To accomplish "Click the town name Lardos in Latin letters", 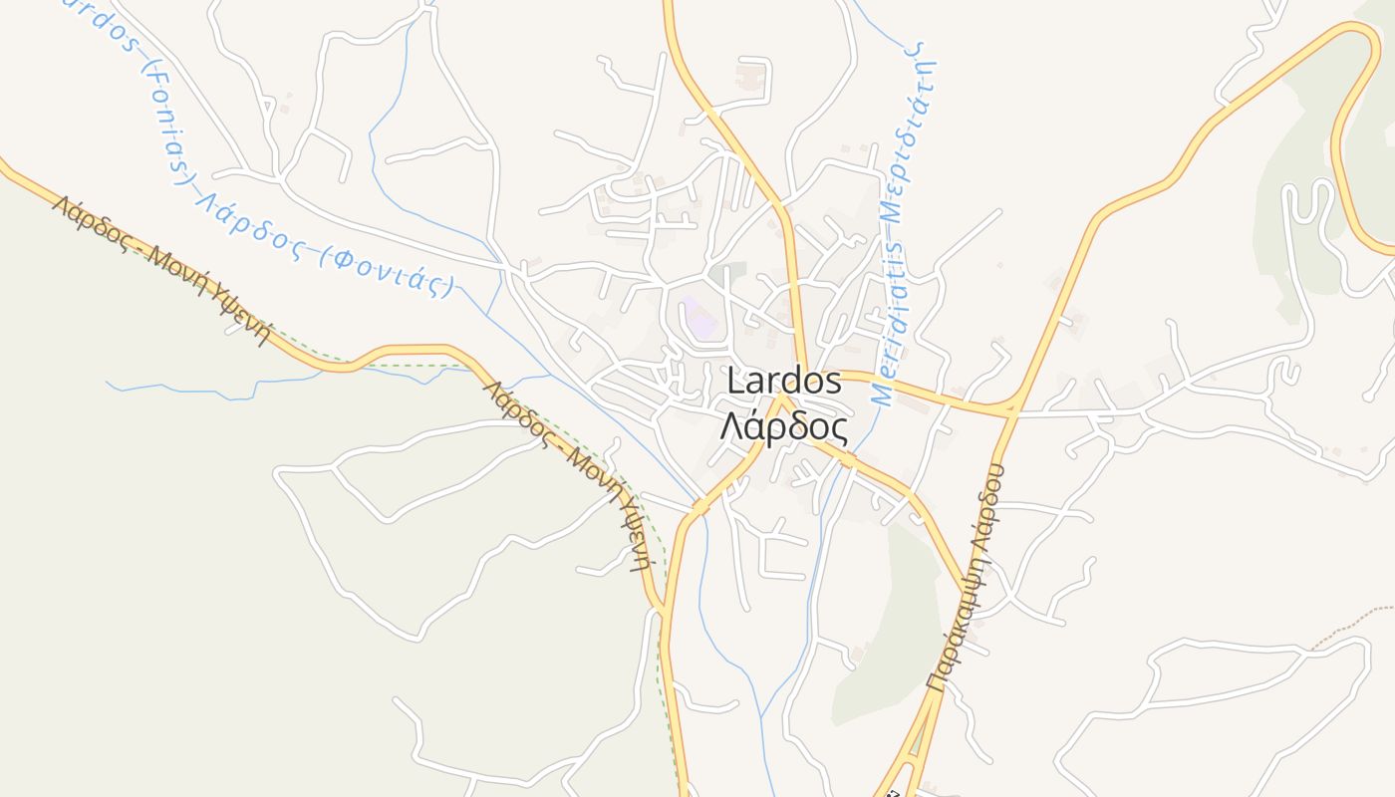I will coord(784,381).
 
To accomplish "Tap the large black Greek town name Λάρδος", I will coord(784,427).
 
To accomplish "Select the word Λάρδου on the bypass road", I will coord(988,500).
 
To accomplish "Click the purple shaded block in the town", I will coord(699,316).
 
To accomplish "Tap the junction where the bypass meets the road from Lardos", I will coord(1008,408).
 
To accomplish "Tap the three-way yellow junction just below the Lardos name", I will coord(784,402).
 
